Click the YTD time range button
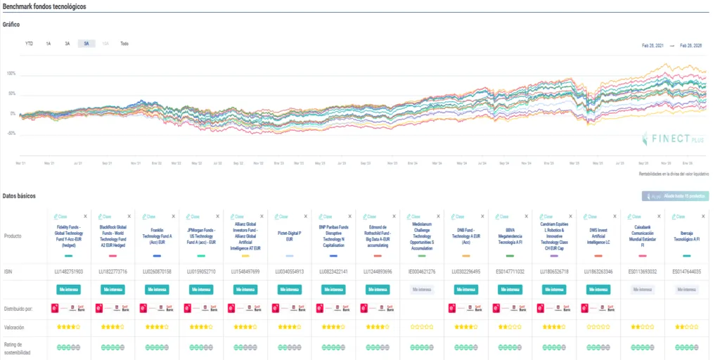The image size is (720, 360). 29,44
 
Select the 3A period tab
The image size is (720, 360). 67,44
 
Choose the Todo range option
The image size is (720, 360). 124,44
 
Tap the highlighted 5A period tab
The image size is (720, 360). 86,44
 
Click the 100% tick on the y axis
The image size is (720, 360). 11,73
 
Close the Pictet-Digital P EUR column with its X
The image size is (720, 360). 307,217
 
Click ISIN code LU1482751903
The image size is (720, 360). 69,271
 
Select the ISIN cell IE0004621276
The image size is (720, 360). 422,271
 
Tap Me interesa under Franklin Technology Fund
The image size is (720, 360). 157,289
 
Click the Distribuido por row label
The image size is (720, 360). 19,308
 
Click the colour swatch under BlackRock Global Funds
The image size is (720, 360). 113,256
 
